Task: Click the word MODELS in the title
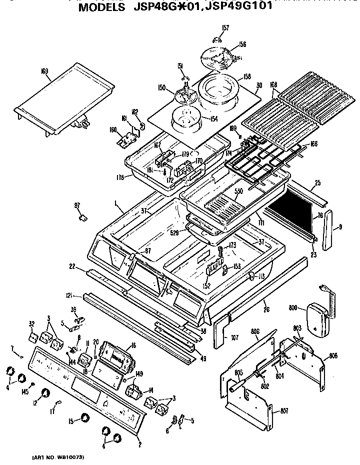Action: point(102,8)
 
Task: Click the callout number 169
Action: point(44,71)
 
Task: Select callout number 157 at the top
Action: point(225,28)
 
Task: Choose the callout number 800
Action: point(294,308)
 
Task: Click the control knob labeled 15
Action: point(86,418)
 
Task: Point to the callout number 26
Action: point(266,310)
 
